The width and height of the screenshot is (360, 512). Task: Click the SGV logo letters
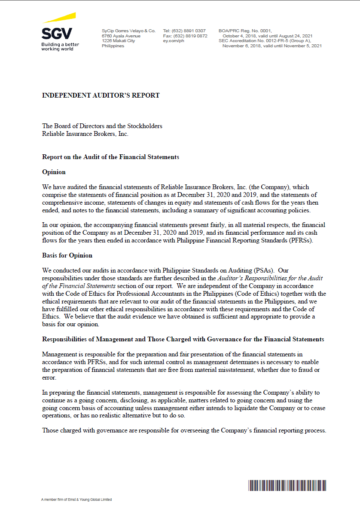click(x=57, y=34)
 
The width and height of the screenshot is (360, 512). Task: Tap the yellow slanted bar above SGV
click(x=59, y=18)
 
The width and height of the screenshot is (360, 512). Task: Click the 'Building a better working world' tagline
click(x=60, y=46)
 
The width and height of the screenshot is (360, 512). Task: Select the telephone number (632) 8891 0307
click(x=190, y=31)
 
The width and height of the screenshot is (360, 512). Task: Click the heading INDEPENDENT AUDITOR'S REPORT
click(x=101, y=95)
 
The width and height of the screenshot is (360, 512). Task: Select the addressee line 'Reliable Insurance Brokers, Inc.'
click(x=85, y=133)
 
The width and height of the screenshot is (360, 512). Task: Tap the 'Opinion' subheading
click(x=54, y=172)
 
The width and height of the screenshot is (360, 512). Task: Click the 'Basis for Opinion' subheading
click(x=67, y=255)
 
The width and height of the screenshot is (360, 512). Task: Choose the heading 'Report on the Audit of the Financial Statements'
click(x=110, y=157)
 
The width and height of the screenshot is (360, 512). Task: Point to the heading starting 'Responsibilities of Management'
click(x=183, y=339)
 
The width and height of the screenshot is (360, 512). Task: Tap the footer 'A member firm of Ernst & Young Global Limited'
click(x=76, y=500)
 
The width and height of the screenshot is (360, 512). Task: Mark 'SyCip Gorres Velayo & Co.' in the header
click(x=128, y=31)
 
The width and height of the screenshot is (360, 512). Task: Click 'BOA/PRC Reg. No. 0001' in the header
click(x=245, y=31)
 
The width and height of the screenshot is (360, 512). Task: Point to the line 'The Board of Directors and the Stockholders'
click(x=102, y=126)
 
